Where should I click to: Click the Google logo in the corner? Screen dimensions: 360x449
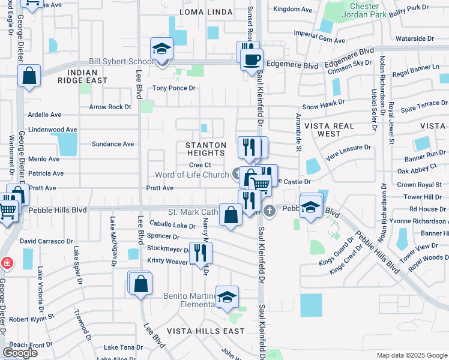click(20, 353)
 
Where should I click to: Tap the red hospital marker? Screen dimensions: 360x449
click(6, 263)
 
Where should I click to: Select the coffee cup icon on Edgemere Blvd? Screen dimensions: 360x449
click(252, 58)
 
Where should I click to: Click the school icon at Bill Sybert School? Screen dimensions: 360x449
click(161, 49)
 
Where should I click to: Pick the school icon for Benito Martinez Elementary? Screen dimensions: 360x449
click(228, 296)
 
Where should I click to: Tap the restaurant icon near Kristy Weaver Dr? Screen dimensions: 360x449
click(200, 253)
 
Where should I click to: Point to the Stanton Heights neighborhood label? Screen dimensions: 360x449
click(206, 149)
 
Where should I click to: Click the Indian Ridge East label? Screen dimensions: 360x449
click(83, 76)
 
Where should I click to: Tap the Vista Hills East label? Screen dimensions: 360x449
click(205, 331)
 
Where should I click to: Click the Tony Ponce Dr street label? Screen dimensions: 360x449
click(174, 88)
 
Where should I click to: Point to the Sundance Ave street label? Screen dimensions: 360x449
click(112, 144)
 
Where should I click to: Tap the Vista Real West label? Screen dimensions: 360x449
click(331, 130)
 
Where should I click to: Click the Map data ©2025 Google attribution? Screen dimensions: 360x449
click(412, 355)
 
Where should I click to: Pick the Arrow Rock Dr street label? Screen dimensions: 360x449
click(110, 107)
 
